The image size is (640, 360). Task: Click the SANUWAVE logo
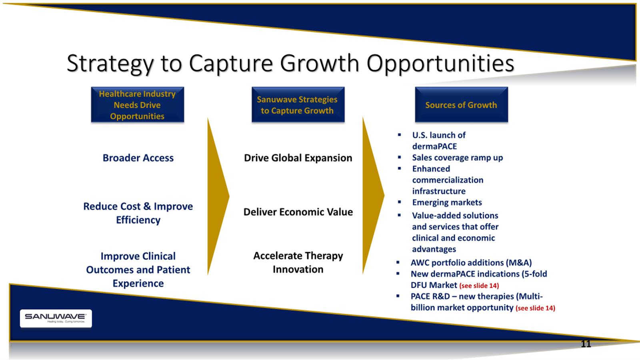[x=56, y=318]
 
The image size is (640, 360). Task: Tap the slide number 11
[x=586, y=344]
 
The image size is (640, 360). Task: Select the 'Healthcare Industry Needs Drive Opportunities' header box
[x=138, y=105]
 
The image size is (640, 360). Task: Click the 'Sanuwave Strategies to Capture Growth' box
[x=298, y=105]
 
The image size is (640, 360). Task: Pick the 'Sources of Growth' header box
[x=462, y=105]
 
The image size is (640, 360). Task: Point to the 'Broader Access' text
[x=138, y=158]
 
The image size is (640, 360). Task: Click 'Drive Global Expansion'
[x=298, y=158]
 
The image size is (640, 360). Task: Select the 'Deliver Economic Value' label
[x=298, y=212]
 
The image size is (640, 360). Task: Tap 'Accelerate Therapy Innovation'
[x=298, y=262]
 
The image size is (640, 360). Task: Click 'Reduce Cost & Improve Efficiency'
[x=138, y=213]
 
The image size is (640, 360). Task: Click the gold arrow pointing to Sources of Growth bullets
[x=374, y=196]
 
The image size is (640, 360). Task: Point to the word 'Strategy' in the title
[x=110, y=64]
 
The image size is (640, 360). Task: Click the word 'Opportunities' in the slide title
[x=440, y=64]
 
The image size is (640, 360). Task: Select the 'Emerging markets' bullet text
[x=447, y=202]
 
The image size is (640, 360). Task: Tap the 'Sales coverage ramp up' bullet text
[x=458, y=158]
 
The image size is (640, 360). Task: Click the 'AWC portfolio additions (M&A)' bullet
[x=471, y=262]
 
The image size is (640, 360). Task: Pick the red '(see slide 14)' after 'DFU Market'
[x=479, y=286]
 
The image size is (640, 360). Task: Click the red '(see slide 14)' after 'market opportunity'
[x=536, y=308]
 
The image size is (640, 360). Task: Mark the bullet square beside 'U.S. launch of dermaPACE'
[x=400, y=135]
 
